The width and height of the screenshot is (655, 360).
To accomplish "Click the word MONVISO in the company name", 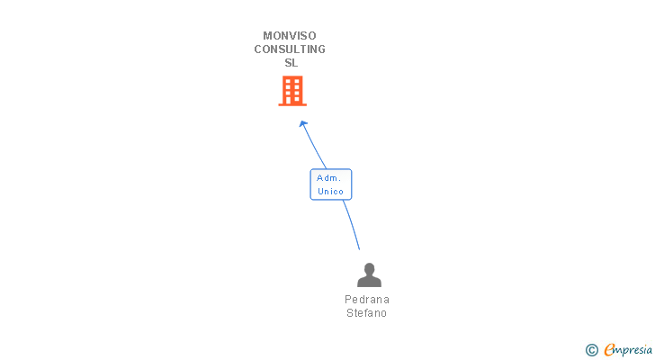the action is pyautogui.click(x=290, y=36).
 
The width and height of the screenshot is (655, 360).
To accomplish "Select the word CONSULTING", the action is pyautogui.click(x=290, y=49).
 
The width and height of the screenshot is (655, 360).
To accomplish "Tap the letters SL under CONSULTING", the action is pyautogui.click(x=291, y=63).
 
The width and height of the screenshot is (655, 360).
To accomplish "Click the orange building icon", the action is pyautogui.click(x=292, y=90).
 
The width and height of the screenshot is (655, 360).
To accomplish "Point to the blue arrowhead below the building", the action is pyautogui.click(x=303, y=123).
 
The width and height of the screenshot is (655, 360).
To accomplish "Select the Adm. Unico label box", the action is pyautogui.click(x=330, y=184).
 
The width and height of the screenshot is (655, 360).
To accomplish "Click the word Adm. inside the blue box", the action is pyautogui.click(x=328, y=178).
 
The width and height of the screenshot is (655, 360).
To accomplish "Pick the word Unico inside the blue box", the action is pyautogui.click(x=330, y=192).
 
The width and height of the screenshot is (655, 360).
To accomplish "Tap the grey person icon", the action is pyautogui.click(x=369, y=275).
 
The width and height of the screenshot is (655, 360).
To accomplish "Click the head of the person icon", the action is pyautogui.click(x=369, y=269).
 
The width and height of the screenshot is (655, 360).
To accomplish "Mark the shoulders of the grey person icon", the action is pyautogui.click(x=369, y=282).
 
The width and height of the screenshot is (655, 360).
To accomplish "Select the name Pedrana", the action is pyautogui.click(x=367, y=300).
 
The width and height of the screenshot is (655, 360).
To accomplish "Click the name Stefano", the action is pyautogui.click(x=367, y=313).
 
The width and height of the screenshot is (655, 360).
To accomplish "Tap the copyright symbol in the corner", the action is pyautogui.click(x=592, y=350).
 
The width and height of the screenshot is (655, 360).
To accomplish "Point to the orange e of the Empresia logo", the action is pyautogui.click(x=609, y=350).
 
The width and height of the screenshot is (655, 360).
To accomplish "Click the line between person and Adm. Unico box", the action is pyautogui.click(x=352, y=225).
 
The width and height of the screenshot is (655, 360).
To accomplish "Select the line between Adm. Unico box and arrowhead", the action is pyautogui.click(x=315, y=147).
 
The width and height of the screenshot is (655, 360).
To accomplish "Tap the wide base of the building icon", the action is pyautogui.click(x=292, y=104).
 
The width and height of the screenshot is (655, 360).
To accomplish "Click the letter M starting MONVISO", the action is pyautogui.click(x=267, y=36).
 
